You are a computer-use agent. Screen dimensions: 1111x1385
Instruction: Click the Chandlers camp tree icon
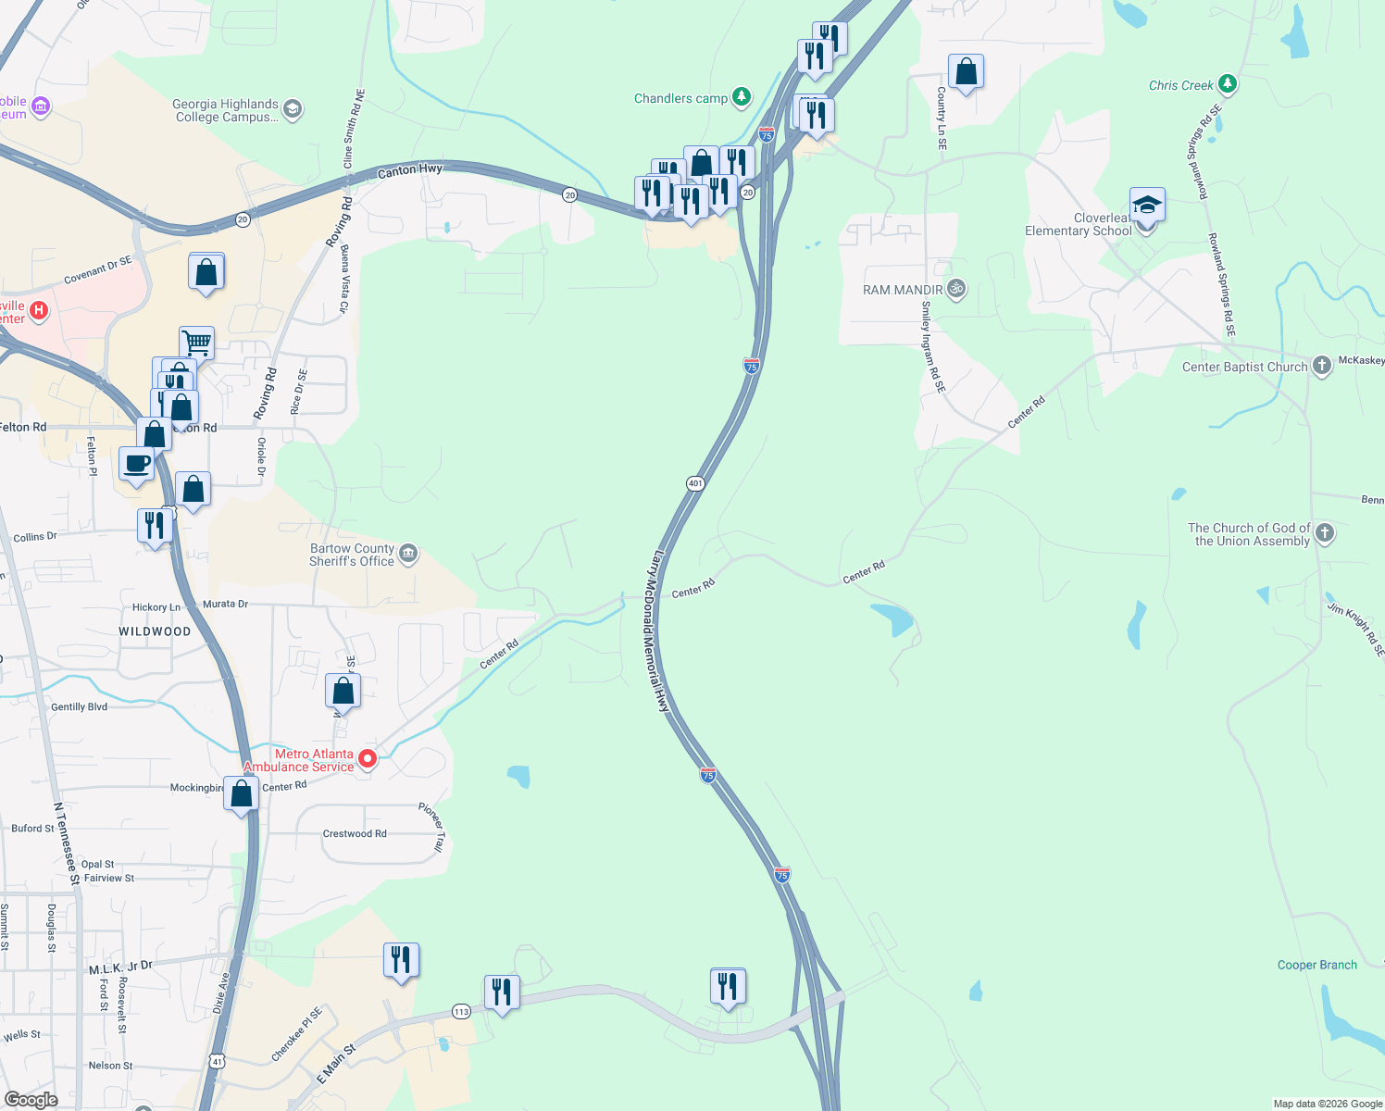click(x=741, y=96)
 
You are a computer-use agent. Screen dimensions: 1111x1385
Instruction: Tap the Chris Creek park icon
click(x=1228, y=84)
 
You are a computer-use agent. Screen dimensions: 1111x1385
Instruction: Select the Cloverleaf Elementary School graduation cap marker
click(x=1147, y=204)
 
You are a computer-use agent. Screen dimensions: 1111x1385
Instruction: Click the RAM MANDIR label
click(x=902, y=290)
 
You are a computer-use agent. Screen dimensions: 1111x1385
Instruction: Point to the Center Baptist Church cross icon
click(x=1322, y=366)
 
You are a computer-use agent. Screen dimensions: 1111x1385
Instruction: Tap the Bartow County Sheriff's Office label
click(x=352, y=555)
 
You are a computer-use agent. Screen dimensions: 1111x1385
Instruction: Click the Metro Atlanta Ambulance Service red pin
click(x=368, y=759)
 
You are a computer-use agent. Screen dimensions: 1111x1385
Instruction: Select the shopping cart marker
click(x=196, y=343)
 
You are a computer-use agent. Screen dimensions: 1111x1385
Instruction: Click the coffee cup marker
click(x=137, y=464)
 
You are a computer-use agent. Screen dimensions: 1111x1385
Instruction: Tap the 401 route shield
click(x=695, y=483)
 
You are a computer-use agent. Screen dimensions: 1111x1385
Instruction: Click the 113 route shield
click(x=461, y=1011)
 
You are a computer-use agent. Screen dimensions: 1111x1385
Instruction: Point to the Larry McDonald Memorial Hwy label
click(x=659, y=631)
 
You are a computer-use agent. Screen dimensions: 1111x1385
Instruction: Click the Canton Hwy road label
click(x=409, y=170)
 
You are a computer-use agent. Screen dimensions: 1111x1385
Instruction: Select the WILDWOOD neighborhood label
click(x=155, y=631)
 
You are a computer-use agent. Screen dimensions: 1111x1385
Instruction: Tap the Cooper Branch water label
click(x=1316, y=965)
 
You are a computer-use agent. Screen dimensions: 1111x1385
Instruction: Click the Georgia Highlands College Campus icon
click(x=293, y=109)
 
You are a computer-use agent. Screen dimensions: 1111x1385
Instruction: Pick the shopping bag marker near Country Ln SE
click(x=966, y=72)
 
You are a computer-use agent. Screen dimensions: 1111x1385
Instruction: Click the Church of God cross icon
click(x=1325, y=532)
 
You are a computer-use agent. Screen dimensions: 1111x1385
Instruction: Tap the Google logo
click(x=31, y=1100)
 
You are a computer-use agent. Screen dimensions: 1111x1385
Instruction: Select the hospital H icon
click(x=39, y=310)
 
